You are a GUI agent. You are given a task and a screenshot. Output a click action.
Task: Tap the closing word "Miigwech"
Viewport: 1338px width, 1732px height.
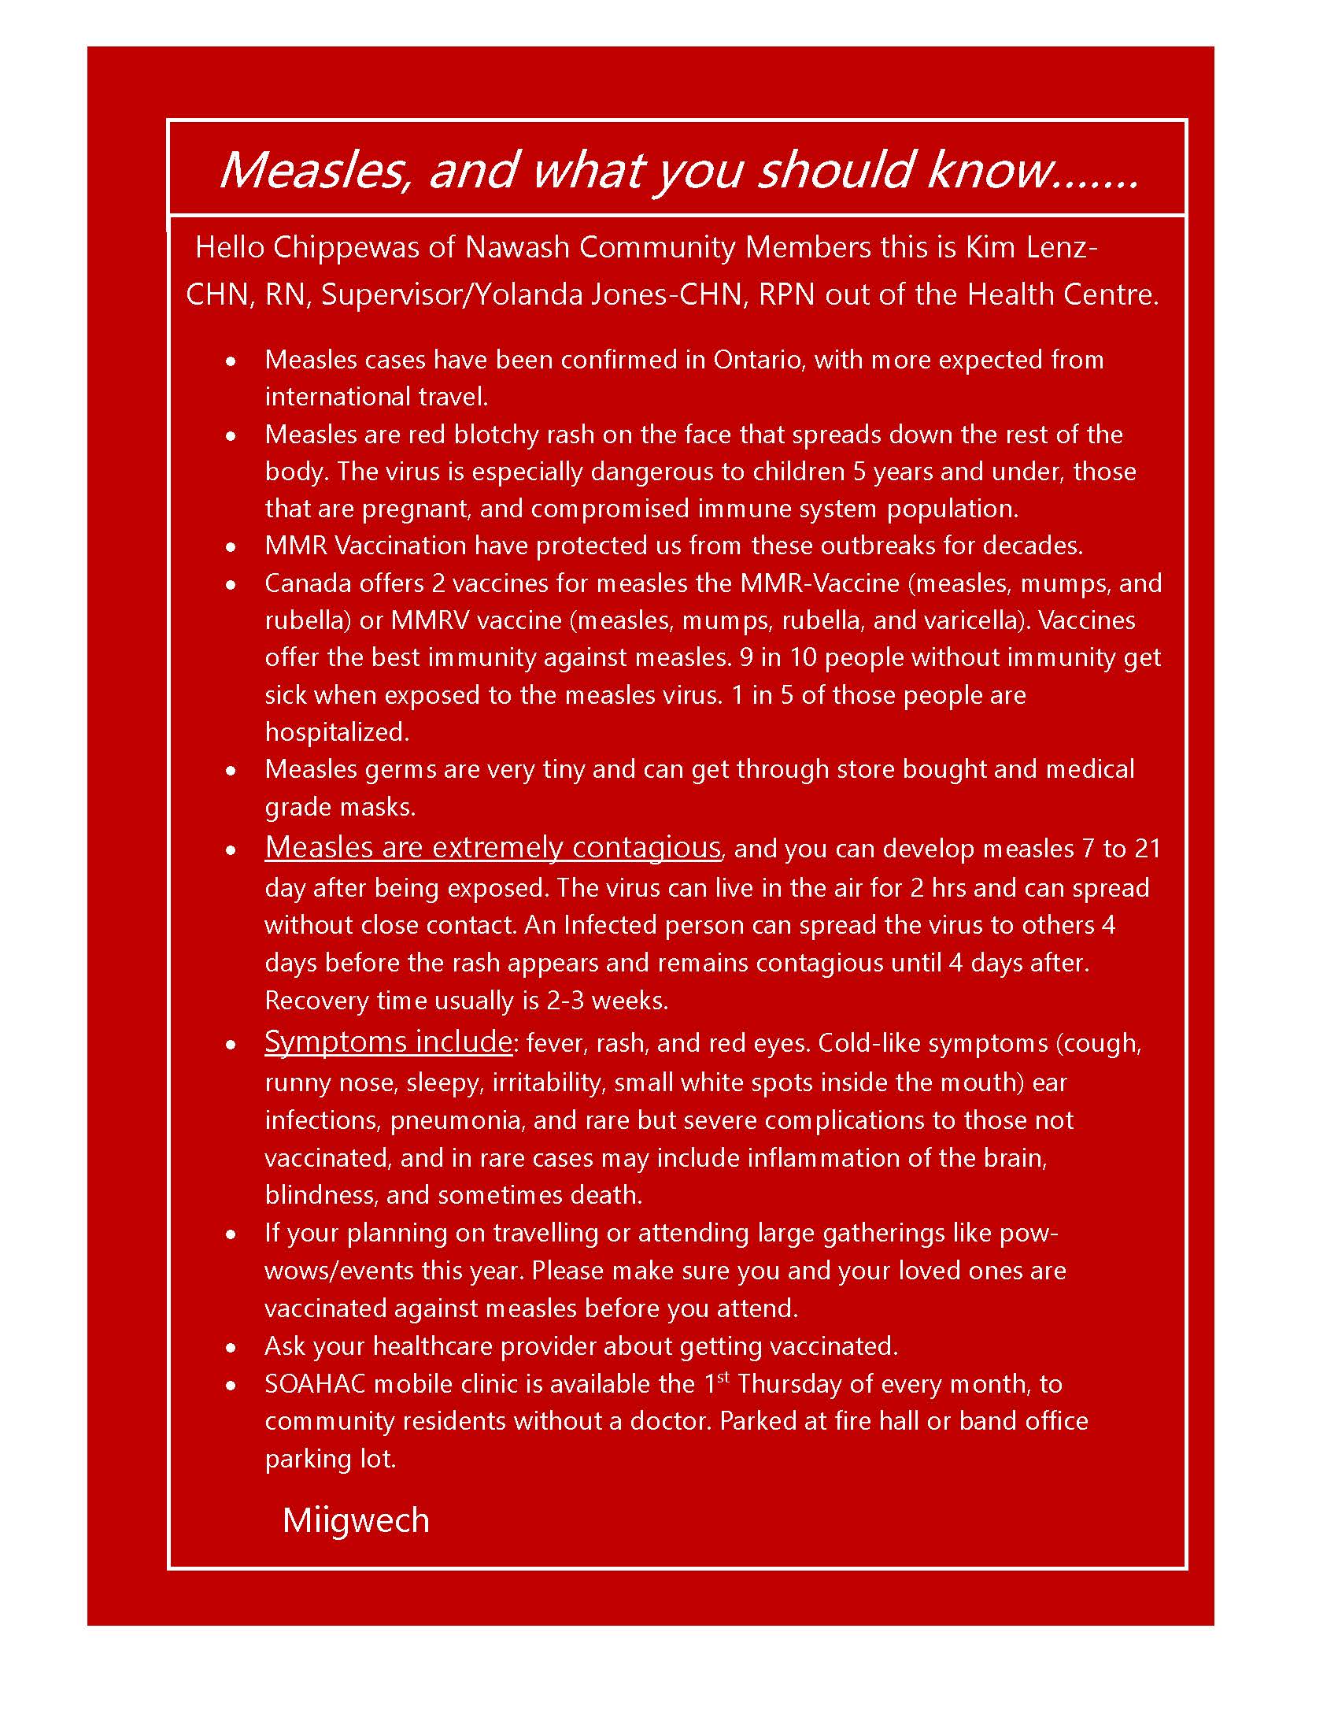tap(356, 1520)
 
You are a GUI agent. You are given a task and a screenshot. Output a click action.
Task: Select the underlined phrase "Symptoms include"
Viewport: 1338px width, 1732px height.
tap(388, 1042)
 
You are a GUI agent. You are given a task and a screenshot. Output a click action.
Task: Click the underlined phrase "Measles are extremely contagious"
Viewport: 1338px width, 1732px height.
tap(492, 847)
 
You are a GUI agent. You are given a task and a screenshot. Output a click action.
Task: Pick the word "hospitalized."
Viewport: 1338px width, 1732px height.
tap(337, 731)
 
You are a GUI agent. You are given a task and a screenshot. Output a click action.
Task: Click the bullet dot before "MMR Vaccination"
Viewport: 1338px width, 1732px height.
tap(231, 547)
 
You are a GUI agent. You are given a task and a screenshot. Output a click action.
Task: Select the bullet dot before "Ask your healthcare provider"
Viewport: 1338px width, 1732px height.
tap(231, 1347)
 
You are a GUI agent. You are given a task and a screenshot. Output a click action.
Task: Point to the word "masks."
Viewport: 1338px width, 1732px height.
tap(378, 807)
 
